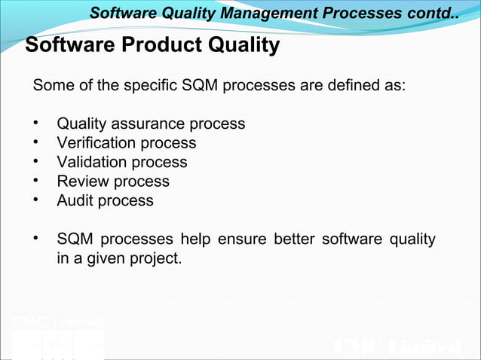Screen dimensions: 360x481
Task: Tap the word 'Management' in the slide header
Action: tap(256, 13)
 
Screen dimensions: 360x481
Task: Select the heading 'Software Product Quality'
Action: tap(152, 46)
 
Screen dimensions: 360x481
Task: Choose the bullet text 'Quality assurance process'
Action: tap(151, 124)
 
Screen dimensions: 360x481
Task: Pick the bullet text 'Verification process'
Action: tap(126, 143)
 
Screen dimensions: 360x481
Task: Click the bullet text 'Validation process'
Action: tap(121, 162)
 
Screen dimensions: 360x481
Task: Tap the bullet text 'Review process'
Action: tap(112, 182)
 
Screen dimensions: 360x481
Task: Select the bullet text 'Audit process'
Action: tap(105, 201)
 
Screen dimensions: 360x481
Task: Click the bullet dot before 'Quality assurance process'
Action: tap(35, 124)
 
